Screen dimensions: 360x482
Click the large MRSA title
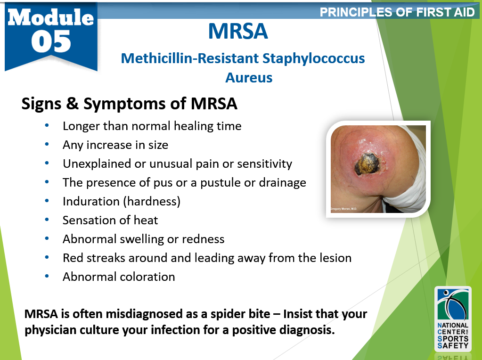click(x=238, y=31)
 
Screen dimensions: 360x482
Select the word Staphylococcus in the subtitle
click(x=313, y=58)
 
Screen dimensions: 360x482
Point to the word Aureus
click(x=249, y=77)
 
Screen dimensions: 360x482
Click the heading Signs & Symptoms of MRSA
click(x=129, y=104)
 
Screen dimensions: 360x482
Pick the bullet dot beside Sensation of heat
click(x=46, y=220)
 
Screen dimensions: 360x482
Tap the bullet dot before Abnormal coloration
click(x=46, y=276)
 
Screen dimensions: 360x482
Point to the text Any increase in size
click(x=115, y=145)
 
